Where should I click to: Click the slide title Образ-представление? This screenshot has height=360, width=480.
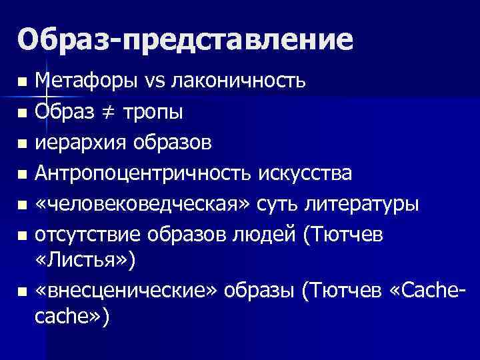[x=185, y=39]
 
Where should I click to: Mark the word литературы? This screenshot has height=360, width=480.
[x=363, y=204]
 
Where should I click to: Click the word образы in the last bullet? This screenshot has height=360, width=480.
[x=259, y=292]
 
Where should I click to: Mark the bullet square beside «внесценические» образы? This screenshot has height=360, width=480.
[x=23, y=293]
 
